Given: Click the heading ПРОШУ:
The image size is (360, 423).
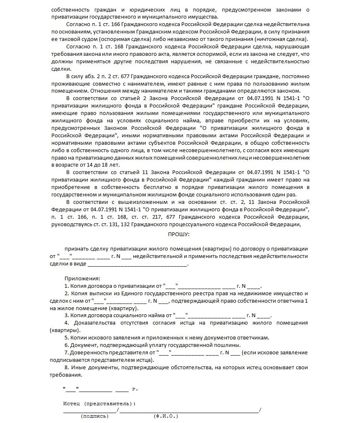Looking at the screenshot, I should click(179, 234).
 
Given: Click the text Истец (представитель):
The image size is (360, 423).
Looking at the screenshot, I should click(99, 403).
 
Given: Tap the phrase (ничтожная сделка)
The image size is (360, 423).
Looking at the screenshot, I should click(287, 39).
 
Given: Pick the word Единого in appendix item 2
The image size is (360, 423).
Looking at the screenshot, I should click(147, 293).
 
